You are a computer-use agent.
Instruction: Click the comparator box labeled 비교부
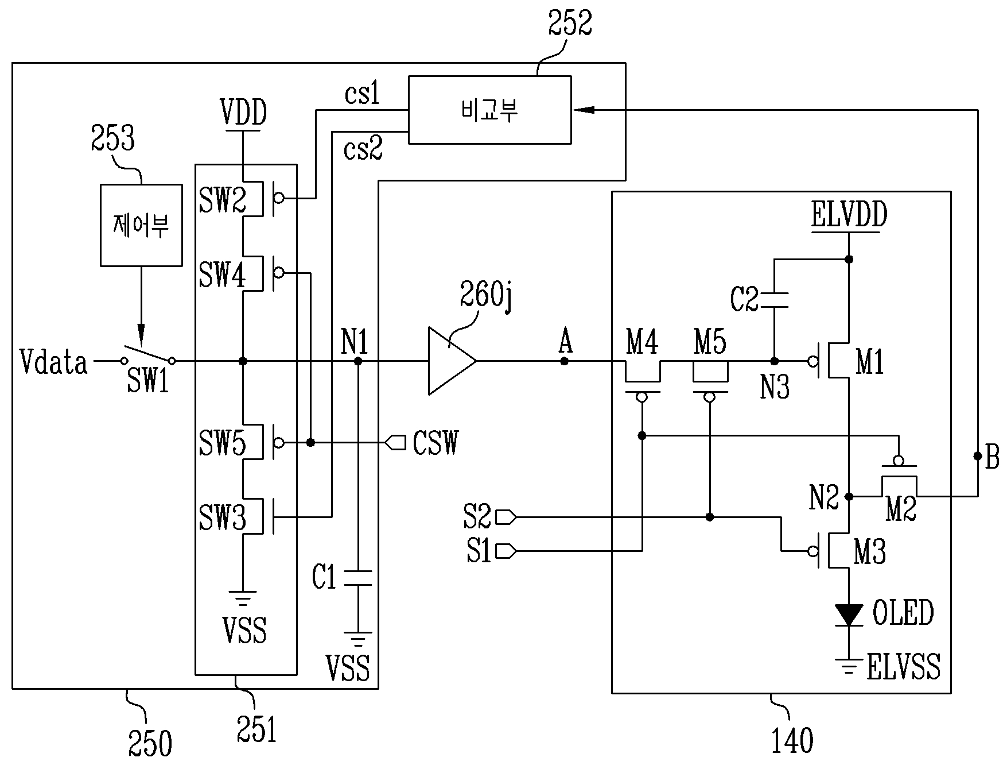point(489,110)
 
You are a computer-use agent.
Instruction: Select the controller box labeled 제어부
point(141,225)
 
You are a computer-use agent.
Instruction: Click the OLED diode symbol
point(849,615)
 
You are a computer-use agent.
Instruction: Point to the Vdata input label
point(53,362)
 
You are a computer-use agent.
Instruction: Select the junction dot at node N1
point(358,361)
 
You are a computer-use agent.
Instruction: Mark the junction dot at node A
point(565,361)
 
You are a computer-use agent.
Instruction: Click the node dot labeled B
point(977,457)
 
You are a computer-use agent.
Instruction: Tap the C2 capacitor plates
point(773,300)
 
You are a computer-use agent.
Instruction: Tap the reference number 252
point(569,24)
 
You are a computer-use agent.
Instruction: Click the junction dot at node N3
point(773,361)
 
